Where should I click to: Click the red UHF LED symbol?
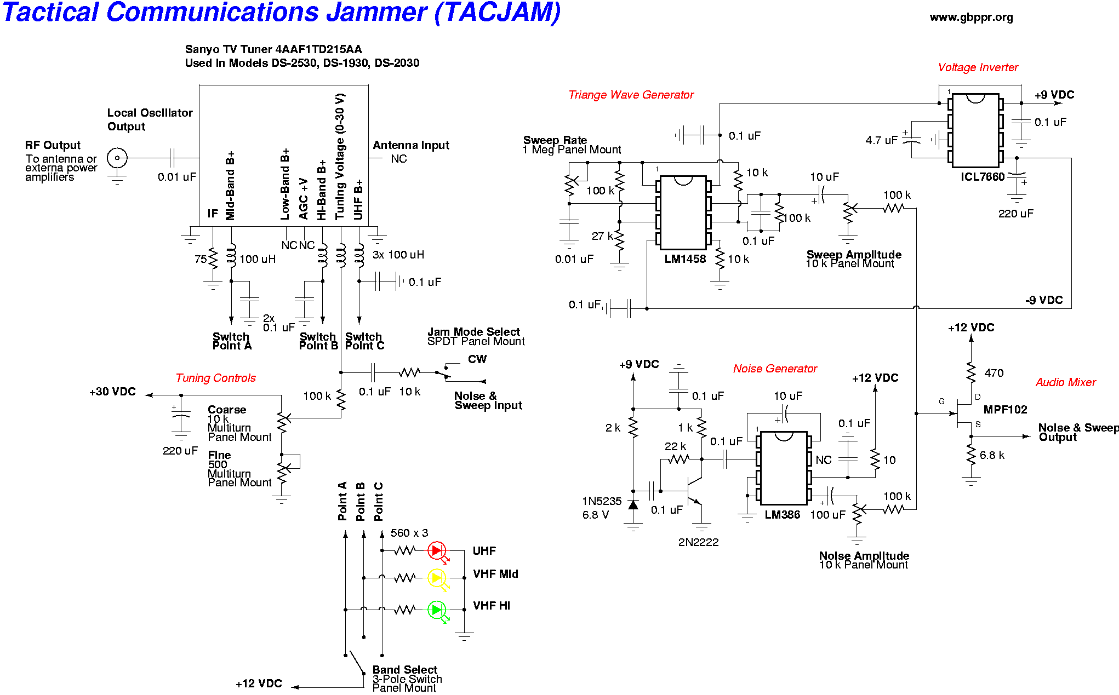(x=437, y=550)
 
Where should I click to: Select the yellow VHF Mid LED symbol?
(x=437, y=578)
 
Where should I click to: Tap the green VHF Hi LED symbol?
(x=437, y=610)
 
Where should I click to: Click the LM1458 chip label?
(x=685, y=259)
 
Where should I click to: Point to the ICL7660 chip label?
(x=982, y=177)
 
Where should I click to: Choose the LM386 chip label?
(x=782, y=515)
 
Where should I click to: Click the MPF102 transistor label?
(x=1005, y=410)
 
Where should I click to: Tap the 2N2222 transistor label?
(x=698, y=542)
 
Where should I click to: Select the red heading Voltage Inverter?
(x=978, y=67)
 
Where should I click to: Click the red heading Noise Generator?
(x=775, y=369)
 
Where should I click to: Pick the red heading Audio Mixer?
(x=1065, y=382)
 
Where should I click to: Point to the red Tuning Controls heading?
(x=215, y=378)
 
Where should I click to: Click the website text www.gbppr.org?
(x=971, y=17)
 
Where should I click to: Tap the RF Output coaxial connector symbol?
(x=117, y=158)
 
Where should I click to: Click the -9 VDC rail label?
(x=1044, y=300)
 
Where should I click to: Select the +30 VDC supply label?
(x=112, y=392)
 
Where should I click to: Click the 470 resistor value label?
(x=994, y=373)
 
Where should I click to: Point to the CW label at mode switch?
(x=477, y=359)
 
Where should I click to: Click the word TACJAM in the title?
(x=498, y=13)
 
